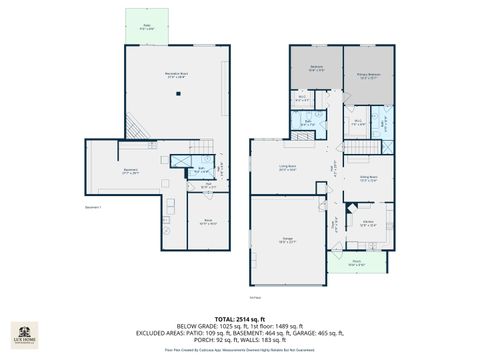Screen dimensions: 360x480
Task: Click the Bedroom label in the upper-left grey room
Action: click(316, 67)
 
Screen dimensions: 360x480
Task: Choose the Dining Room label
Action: click(367, 179)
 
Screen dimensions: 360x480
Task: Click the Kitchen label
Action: click(368, 223)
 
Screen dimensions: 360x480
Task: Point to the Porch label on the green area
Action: click(357, 264)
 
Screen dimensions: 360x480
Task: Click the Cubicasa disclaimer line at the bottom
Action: click(240, 351)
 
